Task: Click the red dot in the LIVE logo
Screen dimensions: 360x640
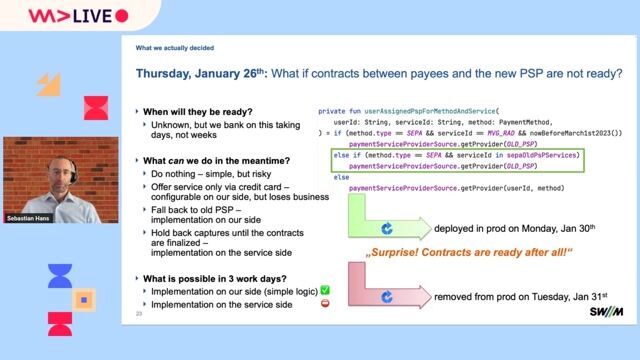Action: click(122, 16)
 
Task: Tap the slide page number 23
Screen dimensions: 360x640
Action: click(139, 314)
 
